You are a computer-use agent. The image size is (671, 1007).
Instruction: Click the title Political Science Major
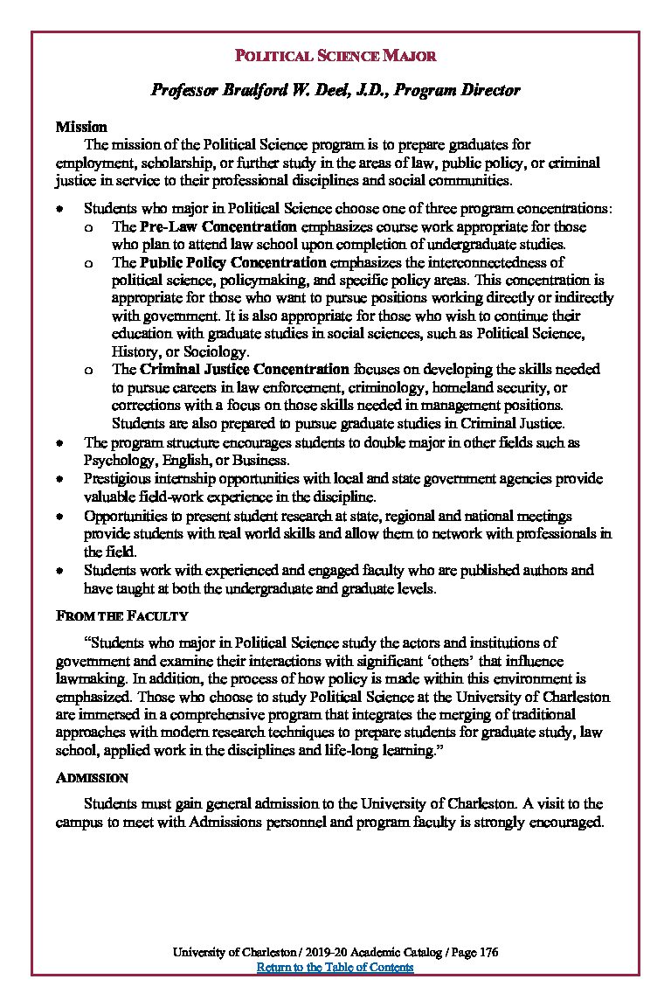[335, 57]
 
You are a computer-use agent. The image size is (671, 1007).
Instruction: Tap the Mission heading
[81, 128]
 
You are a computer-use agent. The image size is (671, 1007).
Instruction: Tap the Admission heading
[92, 778]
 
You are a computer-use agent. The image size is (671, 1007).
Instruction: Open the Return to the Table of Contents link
[335, 968]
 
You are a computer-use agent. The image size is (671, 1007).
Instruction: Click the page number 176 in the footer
[488, 953]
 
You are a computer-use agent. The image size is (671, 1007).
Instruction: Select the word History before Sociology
[135, 351]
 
